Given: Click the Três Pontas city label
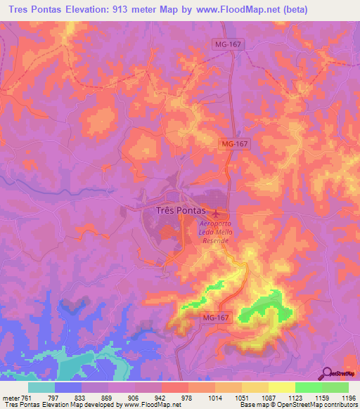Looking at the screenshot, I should pyautogui.click(x=176, y=210).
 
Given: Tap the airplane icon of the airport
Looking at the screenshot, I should pyautogui.click(x=216, y=212).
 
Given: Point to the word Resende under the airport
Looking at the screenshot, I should pyautogui.click(x=215, y=240).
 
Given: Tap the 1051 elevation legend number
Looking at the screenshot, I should pyautogui.click(x=243, y=398).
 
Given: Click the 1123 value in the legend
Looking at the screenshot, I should pyautogui.click(x=296, y=398).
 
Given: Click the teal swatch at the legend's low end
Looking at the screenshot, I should pyautogui.click(x=41, y=387).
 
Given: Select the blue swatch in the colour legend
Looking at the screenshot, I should pyautogui.click(x=68, y=387).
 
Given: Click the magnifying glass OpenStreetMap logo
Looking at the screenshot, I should pyautogui.click(x=326, y=372).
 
